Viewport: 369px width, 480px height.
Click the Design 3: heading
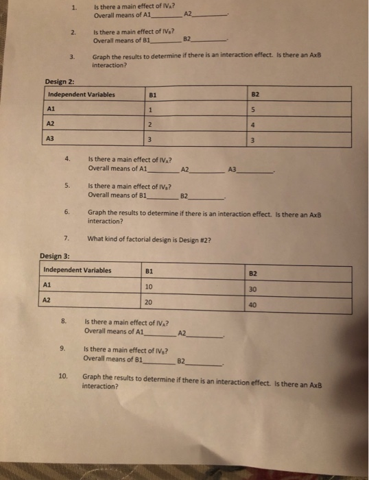tap(55, 256)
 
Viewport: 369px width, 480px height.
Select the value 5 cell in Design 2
tap(252, 111)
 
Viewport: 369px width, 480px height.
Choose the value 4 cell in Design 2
tap(252, 125)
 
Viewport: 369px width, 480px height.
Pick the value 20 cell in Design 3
tap(149, 302)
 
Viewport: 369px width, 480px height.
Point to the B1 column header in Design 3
tap(150, 270)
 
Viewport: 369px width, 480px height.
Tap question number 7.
tap(66, 238)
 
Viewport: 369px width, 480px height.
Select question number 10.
tap(63, 377)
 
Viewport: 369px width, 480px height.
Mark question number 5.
tap(68, 185)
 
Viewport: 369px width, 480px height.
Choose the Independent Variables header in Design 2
tap(82, 94)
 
